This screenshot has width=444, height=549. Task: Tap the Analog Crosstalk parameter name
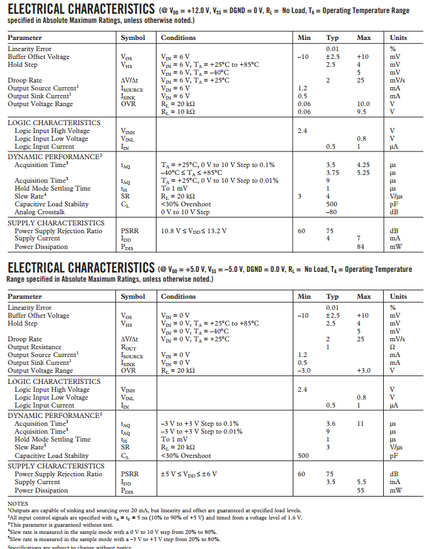pyautogui.click(x=39, y=212)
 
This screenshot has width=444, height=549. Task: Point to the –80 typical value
pyautogui.click(x=331, y=212)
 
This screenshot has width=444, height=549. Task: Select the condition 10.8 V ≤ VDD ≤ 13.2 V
pyautogui.click(x=194, y=231)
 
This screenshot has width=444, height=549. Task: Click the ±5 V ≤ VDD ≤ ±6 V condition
pyautogui.click(x=189, y=474)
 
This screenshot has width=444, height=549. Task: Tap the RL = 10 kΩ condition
pyautogui.click(x=177, y=112)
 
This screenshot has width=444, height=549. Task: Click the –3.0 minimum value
pyautogui.click(x=303, y=371)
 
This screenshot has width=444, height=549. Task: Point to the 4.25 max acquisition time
pyautogui.click(x=363, y=165)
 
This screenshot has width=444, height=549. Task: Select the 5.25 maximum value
pyautogui.click(x=363, y=173)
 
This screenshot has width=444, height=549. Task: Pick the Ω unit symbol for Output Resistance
pyautogui.click(x=392, y=347)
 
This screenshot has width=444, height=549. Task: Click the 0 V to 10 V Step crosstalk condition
pyautogui.click(x=185, y=212)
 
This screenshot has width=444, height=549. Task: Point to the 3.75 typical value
pyautogui.click(x=332, y=173)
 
